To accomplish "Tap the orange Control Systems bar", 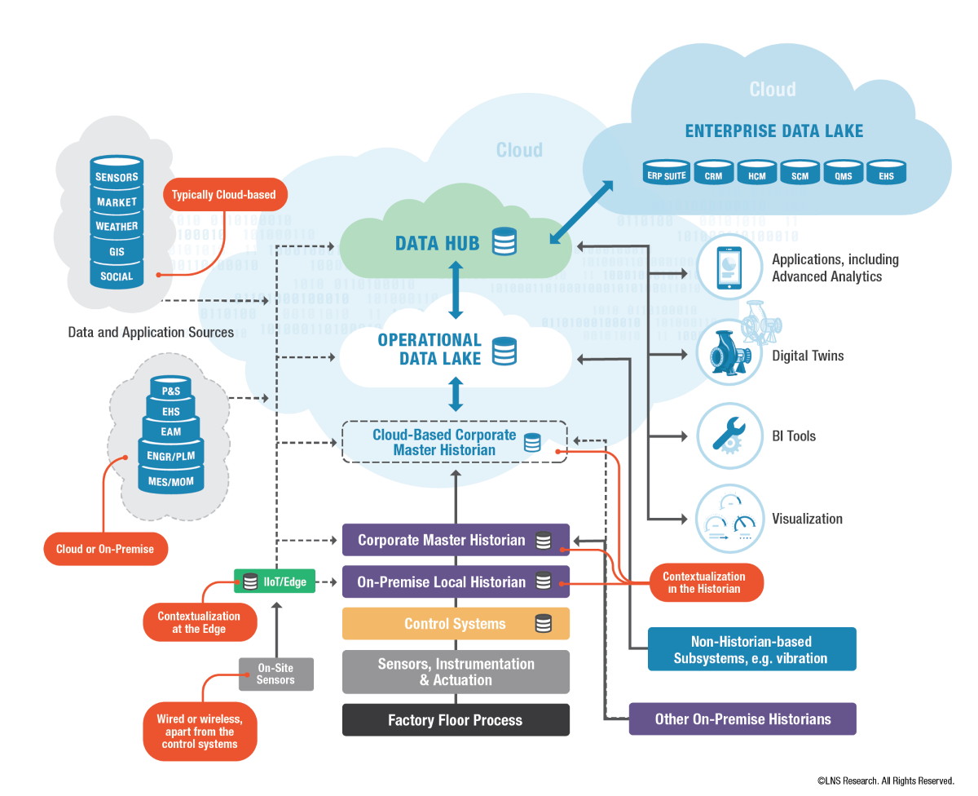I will pyautogui.click(x=456, y=624).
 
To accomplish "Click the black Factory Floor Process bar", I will pyautogui.click(x=456, y=720).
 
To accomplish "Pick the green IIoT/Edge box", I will pyautogui.click(x=274, y=582).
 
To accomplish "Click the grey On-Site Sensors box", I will pyautogui.click(x=275, y=674).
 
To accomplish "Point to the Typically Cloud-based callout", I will pyautogui.click(x=223, y=195).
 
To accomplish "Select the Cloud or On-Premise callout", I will pyautogui.click(x=105, y=549).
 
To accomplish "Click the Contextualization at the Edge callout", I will pyautogui.click(x=199, y=622).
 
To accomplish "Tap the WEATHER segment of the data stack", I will pyautogui.click(x=117, y=226).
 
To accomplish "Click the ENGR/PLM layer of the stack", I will pyautogui.click(x=170, y=457).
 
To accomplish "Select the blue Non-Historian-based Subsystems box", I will pyautogui.click(x=751, y=649).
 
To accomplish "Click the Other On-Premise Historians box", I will pyautogui.click(x=742, y=719).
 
